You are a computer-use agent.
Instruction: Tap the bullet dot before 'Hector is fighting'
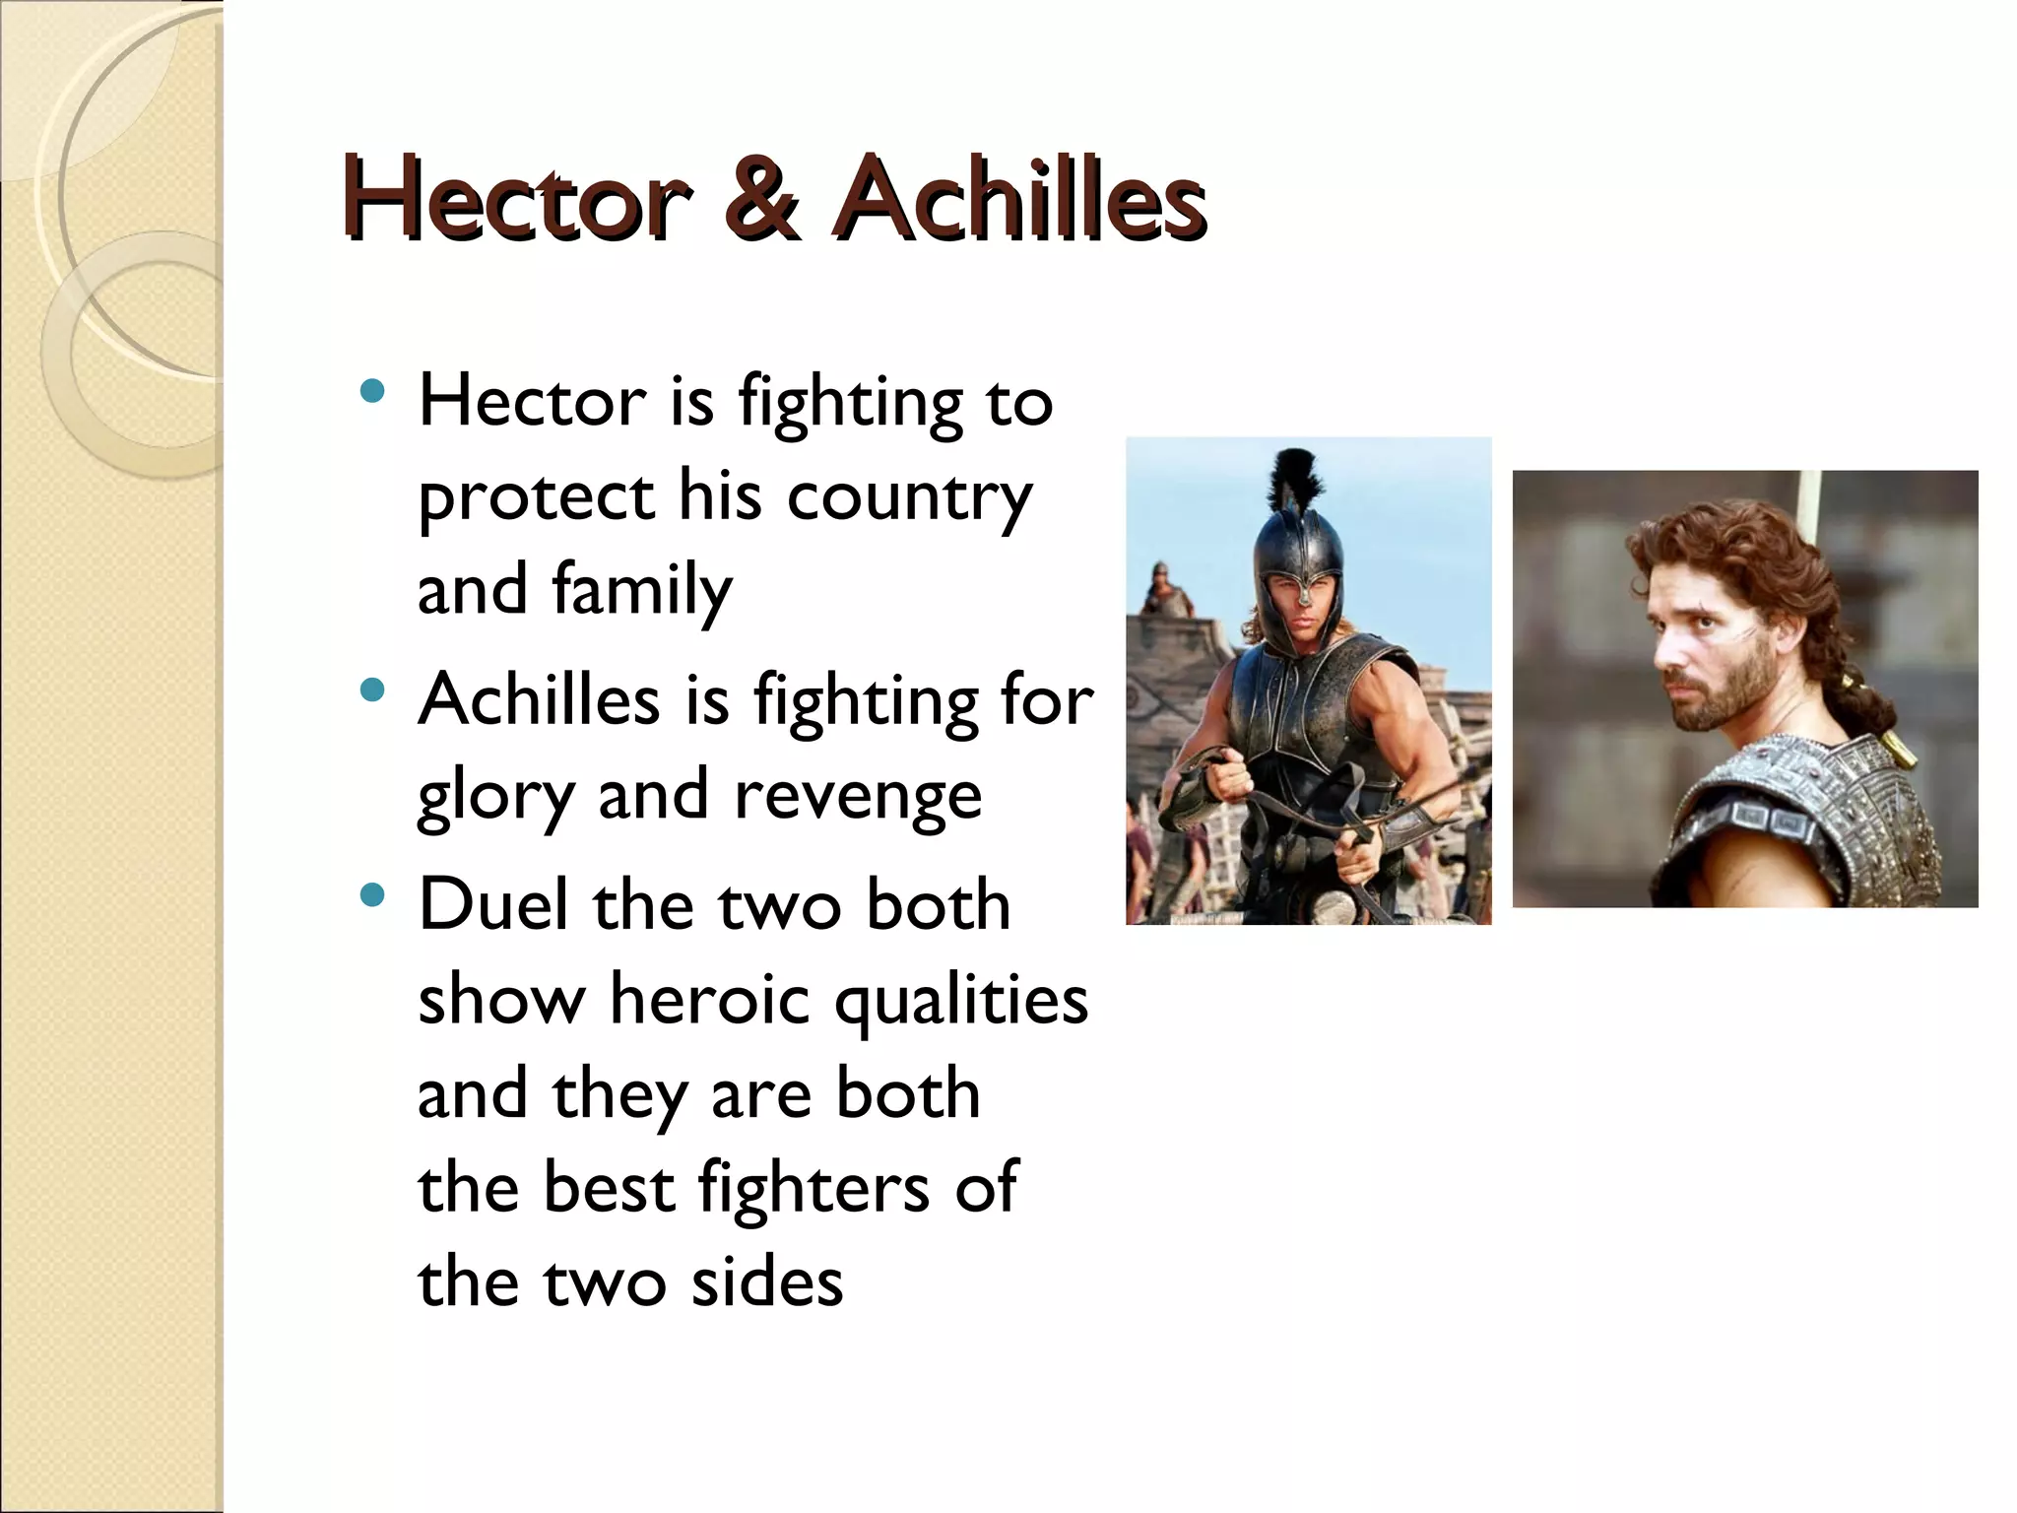[372, 392]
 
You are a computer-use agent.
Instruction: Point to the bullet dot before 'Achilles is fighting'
[372, 690]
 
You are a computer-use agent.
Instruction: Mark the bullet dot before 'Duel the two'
[372, 894]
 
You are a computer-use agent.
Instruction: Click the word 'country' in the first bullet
[908, 496]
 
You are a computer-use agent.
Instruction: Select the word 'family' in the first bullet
[641, 590]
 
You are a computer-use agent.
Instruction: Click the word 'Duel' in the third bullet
[493, 904]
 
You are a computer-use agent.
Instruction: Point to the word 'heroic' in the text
[713, 999]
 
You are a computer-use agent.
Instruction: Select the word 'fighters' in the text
[813, 1188]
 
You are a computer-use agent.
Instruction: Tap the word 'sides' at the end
[766, 1283]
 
